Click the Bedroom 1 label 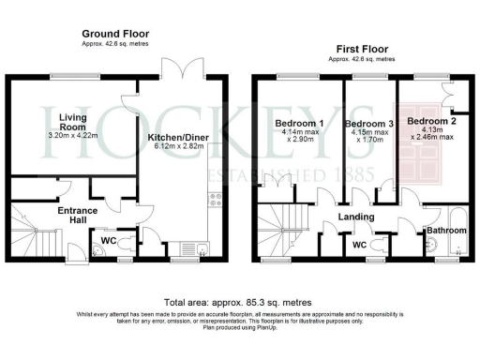[296, 123]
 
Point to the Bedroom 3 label [368, 125]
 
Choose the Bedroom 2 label [430, 121]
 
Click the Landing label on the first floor [357, 217]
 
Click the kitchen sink [203, 246]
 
